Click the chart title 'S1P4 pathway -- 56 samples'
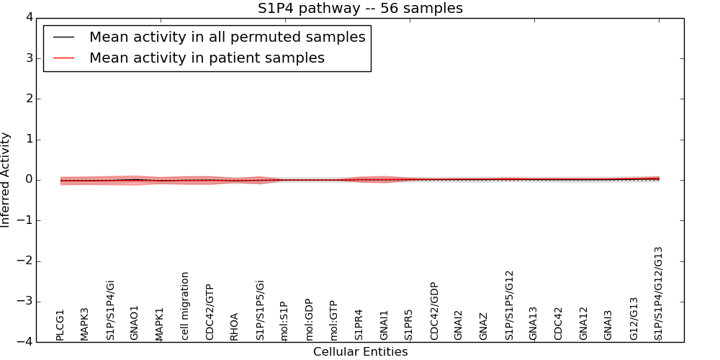pos(360,9)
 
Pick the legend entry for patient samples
pos(207,58)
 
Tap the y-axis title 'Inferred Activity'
pos(6,180)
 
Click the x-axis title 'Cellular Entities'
pos(360,352)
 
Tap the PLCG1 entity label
pos(60,325)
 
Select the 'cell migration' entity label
pos(185,306)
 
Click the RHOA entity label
pos(235,326)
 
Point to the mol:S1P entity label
pos(284,321)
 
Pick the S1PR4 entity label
pos(359,325)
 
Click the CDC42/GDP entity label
pos(434,311)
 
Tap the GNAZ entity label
pos(484,326)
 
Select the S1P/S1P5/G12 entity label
pos(509,305)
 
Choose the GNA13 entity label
pos(534,323)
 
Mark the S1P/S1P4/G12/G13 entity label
pos(658,293)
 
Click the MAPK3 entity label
pos(85,324)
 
